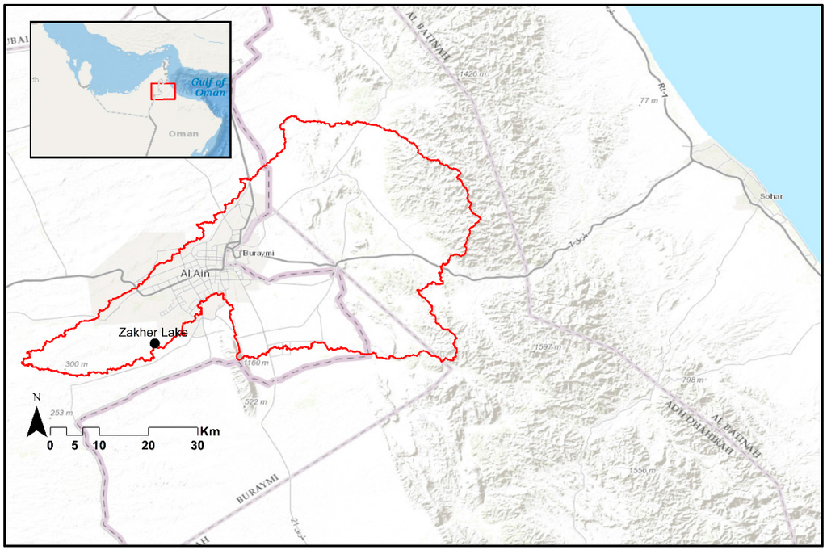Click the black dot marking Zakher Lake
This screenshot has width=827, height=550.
click(154, 344)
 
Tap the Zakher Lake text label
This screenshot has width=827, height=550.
click(153, 332)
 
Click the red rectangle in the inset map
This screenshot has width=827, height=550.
click(163, 90)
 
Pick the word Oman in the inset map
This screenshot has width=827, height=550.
click(184, 133)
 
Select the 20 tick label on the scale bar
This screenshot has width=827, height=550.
click(149, 445)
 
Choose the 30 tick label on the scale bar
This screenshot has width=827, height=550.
click(197, 445)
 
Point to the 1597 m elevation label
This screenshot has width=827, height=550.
click(548, 347)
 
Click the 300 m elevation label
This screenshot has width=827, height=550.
click(76, 364)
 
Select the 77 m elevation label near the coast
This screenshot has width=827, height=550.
click(649, 101)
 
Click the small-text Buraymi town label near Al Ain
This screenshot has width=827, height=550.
click(258, 254)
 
